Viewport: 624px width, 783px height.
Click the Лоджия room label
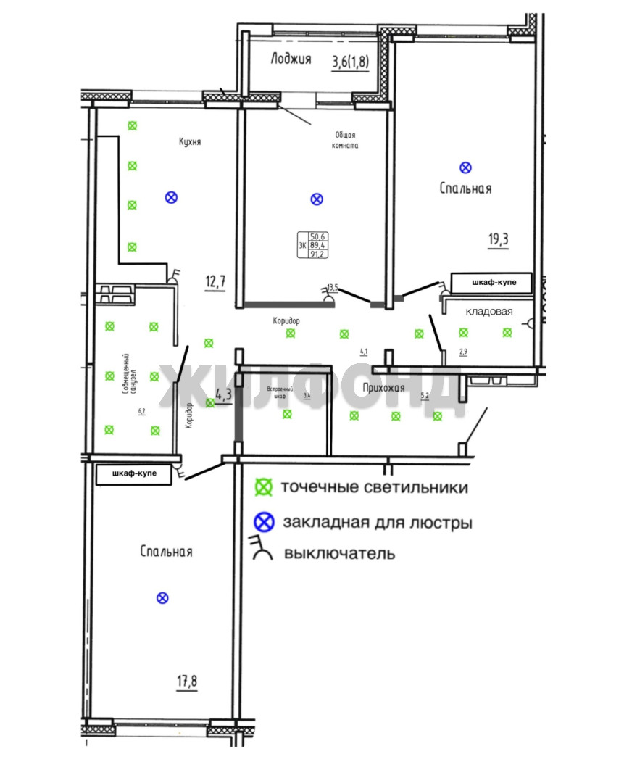coord(291,59)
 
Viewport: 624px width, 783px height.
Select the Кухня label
coord(190,142)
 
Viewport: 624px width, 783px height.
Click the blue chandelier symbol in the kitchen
coord(171,196)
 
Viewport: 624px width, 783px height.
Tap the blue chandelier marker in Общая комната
coord(316,199)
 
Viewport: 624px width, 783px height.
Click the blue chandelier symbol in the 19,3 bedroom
coord(466,167)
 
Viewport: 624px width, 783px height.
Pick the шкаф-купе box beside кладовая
coord(491,282)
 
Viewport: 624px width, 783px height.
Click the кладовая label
coord(489,312)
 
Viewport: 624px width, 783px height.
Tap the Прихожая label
coord(383,388)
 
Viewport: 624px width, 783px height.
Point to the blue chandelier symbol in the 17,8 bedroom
coord(163,597)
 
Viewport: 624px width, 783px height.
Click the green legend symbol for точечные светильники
coord(265,487)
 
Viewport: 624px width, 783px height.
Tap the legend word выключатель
coord(340,554)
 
